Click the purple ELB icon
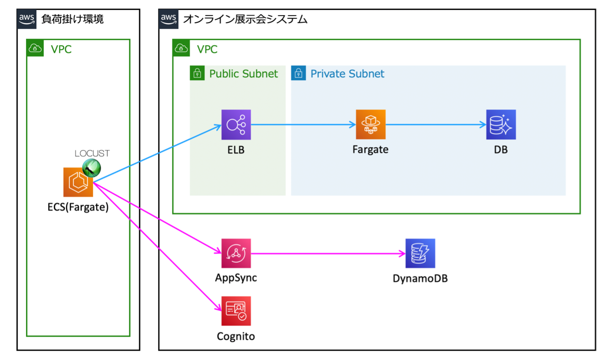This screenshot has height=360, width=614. tap(236, 125)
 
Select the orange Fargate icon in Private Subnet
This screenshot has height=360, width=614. tap(370, 125)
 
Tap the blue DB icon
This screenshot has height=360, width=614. tap(501, 125)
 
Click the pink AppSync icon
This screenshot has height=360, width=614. tap(236, 253)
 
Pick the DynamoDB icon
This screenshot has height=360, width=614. tap(420, 253)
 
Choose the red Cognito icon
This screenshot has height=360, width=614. tap(236, 311)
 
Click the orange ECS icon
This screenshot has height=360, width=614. tap(78, 182)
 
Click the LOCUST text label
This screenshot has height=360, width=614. tap(92, 153)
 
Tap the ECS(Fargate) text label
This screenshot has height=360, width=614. tap(78, 207)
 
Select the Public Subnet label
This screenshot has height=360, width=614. tap(244, 74)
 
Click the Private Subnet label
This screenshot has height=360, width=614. tap(347, 74)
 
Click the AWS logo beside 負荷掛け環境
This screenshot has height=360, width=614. tap(27, 19)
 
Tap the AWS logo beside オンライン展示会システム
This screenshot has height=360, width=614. tap(168, 19)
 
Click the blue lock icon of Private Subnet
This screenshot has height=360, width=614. tap(298, 74)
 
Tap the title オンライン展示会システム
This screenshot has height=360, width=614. tap(245, 19)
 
